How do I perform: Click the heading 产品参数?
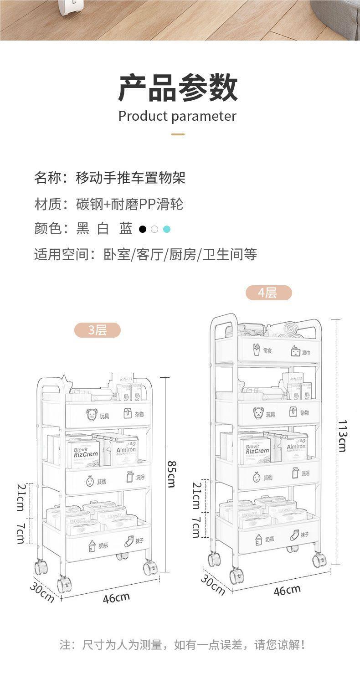pos(178,88)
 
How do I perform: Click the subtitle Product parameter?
pos(177,116)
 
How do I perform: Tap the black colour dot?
pos(143,229)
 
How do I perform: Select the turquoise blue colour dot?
pos(166,229)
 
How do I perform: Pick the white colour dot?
pos(154,229)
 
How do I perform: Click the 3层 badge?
pos(97,330)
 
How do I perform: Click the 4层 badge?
pos(268,293)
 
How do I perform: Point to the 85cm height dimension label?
pos(171,474)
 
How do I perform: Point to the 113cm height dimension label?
pos(342,436)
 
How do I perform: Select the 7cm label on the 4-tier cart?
pos(196,528)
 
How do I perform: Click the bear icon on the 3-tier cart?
pos(92,415)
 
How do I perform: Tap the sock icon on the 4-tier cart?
pos(294,535)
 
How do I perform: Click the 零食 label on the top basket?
pos(267,351)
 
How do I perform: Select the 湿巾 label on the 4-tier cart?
pos(306,352)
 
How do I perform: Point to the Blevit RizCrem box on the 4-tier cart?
pos(258,448)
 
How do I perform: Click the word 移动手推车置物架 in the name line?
pos(130,178)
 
